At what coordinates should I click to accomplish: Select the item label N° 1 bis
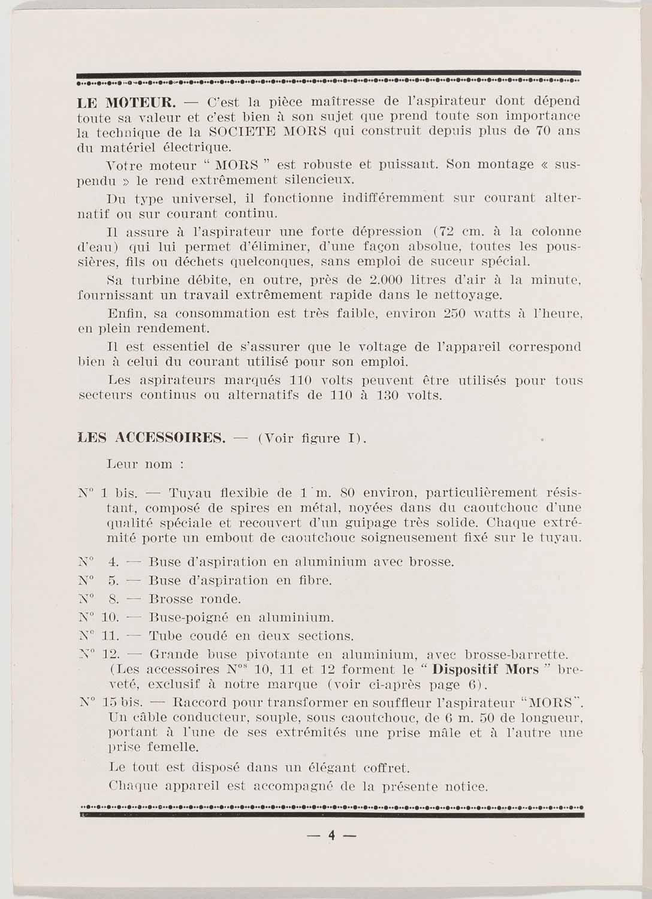108,493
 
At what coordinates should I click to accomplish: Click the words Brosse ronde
195,599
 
